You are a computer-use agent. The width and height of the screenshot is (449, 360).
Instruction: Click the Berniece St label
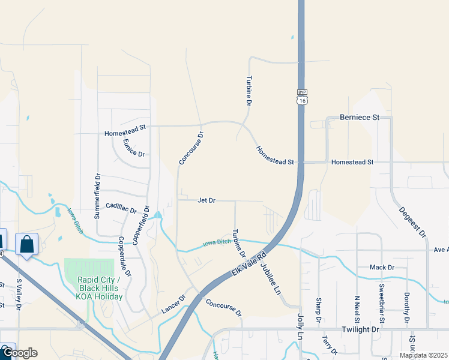tap(360, 118)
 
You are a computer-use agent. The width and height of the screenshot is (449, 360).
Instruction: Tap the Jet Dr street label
tap(206, 200)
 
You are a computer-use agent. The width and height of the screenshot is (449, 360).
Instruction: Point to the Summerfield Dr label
tap(97, 196)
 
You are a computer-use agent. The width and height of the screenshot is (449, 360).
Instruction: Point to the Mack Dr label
tap(382, 267)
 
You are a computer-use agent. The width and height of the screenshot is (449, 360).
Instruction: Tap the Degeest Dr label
tap(412, 221)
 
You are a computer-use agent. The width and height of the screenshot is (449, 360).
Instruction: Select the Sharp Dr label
tap(318, 309)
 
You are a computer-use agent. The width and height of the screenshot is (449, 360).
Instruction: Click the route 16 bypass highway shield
tap(301, 97)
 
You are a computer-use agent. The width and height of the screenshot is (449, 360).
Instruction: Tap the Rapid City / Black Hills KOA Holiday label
tap(100, 289)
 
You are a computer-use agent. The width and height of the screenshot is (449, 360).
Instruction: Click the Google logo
tap(19, 353)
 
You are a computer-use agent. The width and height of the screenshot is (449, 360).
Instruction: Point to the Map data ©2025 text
tap(423, 355)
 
